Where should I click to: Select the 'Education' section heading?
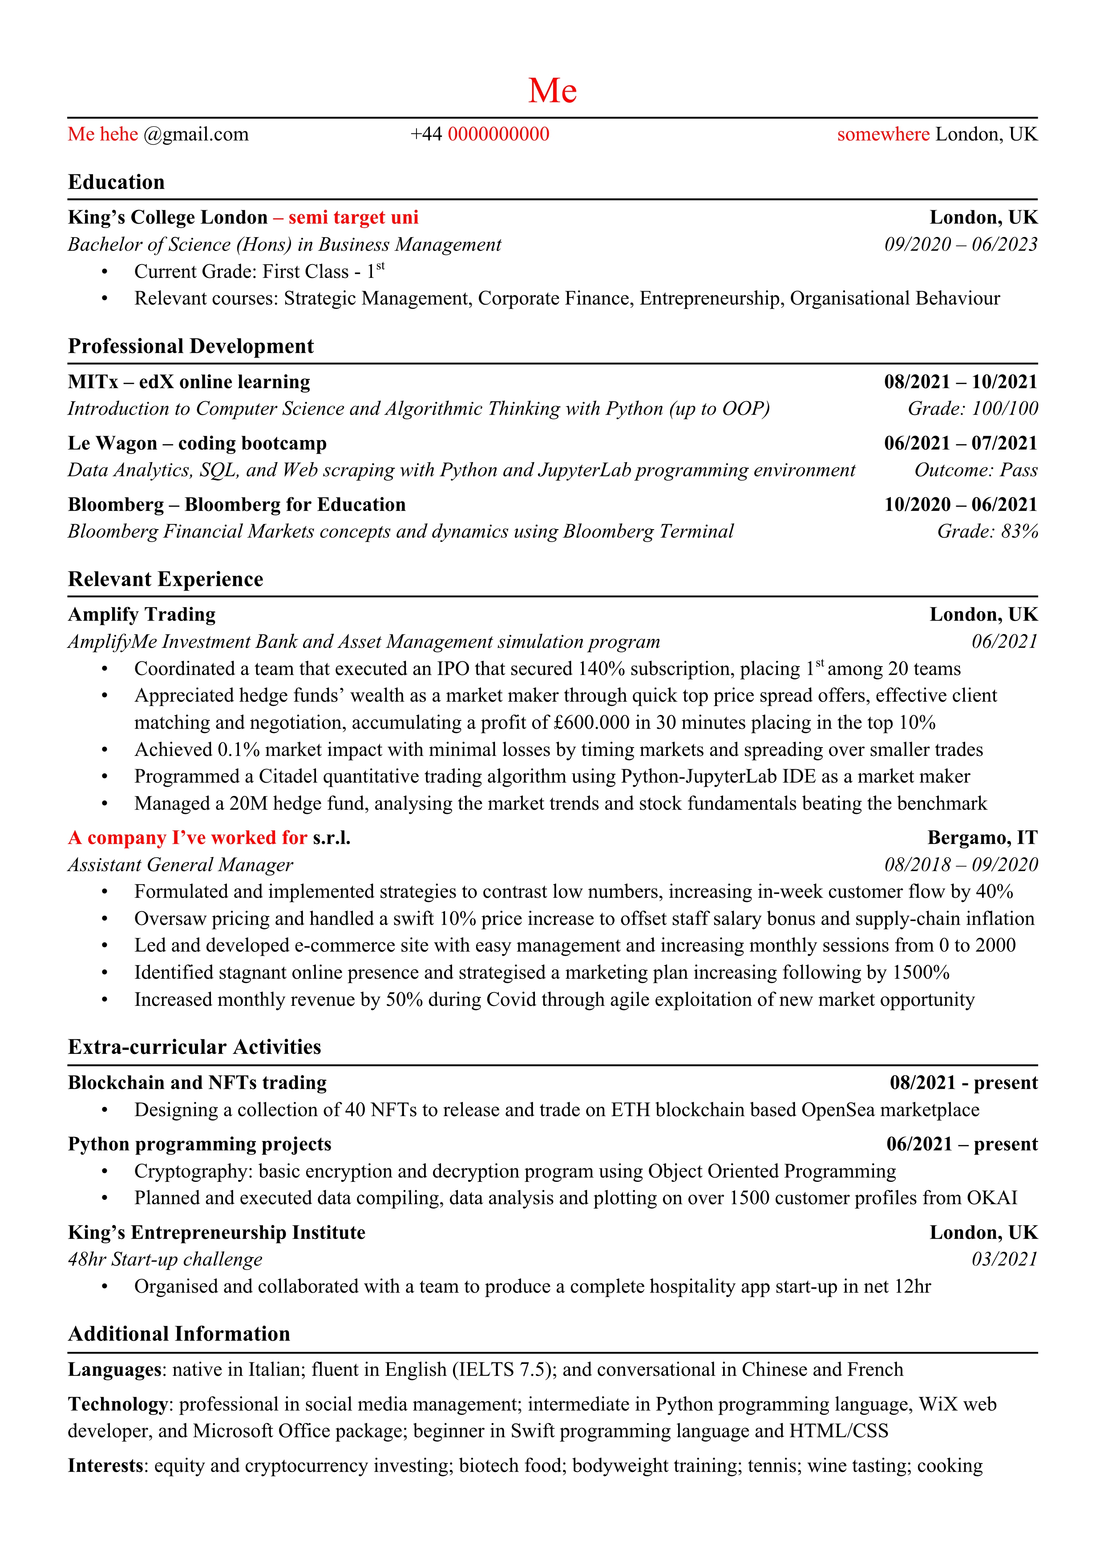tap(116, 182)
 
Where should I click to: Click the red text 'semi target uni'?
tap(353, 217)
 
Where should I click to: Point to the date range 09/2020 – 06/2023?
tap(961, 245)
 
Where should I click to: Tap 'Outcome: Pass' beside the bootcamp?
tap(975, 470)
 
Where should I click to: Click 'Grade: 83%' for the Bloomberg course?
tap(987, 531)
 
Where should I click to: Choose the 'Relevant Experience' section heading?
tap(165, 579)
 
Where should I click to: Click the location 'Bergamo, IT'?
tap(983, 838)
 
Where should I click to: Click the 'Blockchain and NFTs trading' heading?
tap(197, 1083)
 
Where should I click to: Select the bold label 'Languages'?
tap(115, 1370)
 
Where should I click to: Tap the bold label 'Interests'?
tap(106, 1466)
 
